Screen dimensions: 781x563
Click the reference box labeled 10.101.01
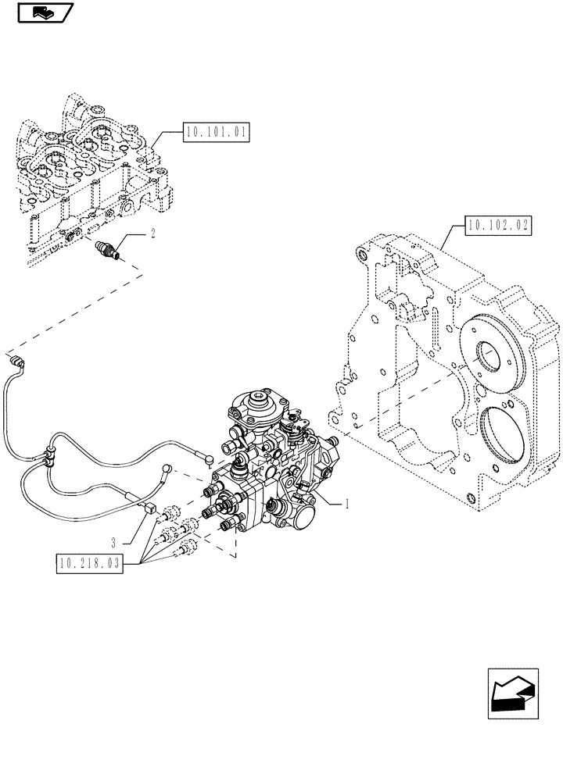click(x=216, y=134)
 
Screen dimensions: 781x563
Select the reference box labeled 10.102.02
click(x=497, y=226)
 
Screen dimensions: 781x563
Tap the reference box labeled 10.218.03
click(x=90, y=562)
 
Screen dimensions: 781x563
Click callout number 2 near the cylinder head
click(x=153, y=233)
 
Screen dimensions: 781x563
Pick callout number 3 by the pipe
click(x=114, y=541)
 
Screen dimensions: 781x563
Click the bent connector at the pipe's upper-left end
click(x=17, y=360)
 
